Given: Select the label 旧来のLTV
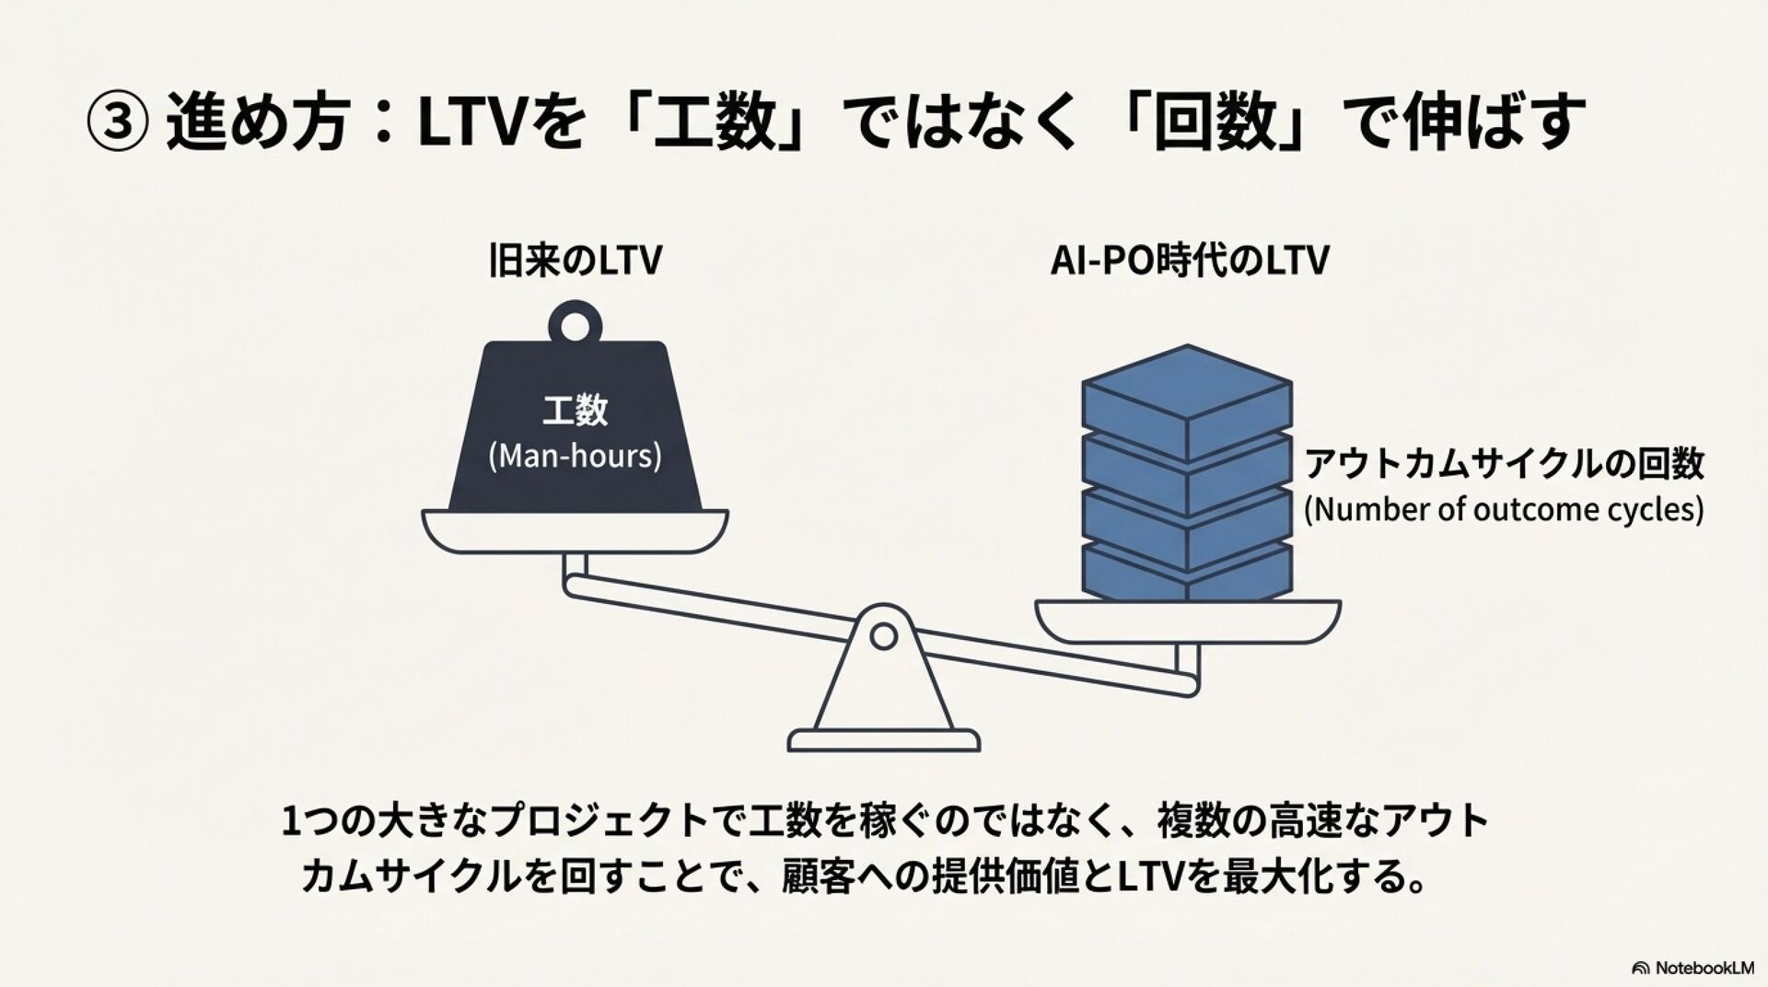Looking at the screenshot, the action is pos(575,261).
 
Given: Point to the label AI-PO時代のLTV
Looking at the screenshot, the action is pos(1189,261).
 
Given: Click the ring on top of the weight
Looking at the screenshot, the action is pos(575,323).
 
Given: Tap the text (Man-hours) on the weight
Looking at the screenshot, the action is pos(575,456).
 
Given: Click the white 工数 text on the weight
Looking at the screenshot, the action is pos(575,411).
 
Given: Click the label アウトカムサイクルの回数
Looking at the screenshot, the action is pos(1504,464).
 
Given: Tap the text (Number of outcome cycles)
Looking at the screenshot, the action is pos(1504,509).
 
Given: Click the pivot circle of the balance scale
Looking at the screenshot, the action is pos(883,635).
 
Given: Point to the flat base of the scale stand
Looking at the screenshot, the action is pos(883,740).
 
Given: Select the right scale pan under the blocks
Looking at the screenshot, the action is pos(1187,621).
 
